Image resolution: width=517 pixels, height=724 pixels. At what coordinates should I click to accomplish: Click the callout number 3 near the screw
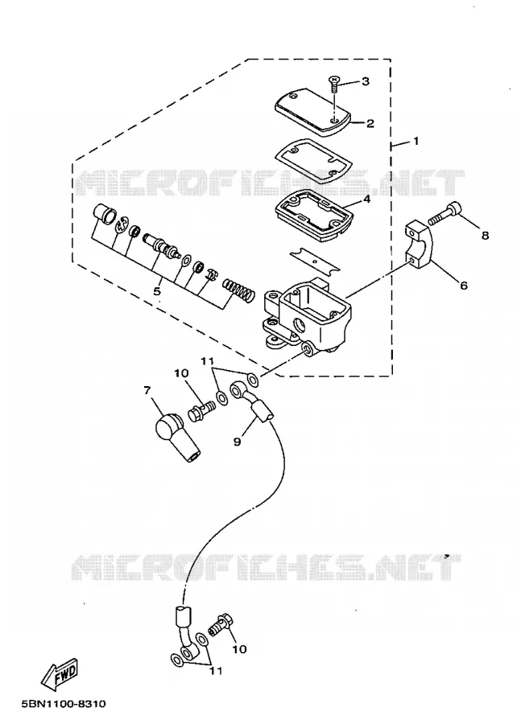[366, 82]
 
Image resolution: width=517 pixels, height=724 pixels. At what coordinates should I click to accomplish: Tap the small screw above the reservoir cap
[334, 84]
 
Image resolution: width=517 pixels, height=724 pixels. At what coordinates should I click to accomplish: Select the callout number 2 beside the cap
[370, 124]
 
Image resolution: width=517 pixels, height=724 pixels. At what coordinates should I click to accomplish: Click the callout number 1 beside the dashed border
[416, 141]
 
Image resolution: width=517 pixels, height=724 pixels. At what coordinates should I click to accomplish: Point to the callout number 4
[366, 200]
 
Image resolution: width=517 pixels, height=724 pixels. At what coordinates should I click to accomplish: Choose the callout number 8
[485, 236]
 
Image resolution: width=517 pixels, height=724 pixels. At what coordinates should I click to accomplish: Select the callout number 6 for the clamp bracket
[463, 286]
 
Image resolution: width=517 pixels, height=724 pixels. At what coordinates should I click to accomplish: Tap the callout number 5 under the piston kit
[157, 291]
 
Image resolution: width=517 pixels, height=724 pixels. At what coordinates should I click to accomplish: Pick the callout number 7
[147, 391]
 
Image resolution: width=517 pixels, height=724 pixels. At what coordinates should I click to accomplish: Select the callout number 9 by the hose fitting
[237, 442]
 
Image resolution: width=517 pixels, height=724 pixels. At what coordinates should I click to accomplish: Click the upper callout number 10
[181, 372]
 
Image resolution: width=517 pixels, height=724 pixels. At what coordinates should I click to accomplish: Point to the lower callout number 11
[215, 670]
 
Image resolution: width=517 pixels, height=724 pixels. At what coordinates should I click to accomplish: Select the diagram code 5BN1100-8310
[64, 704]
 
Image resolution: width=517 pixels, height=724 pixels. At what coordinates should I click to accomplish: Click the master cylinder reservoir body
[306, 318]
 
